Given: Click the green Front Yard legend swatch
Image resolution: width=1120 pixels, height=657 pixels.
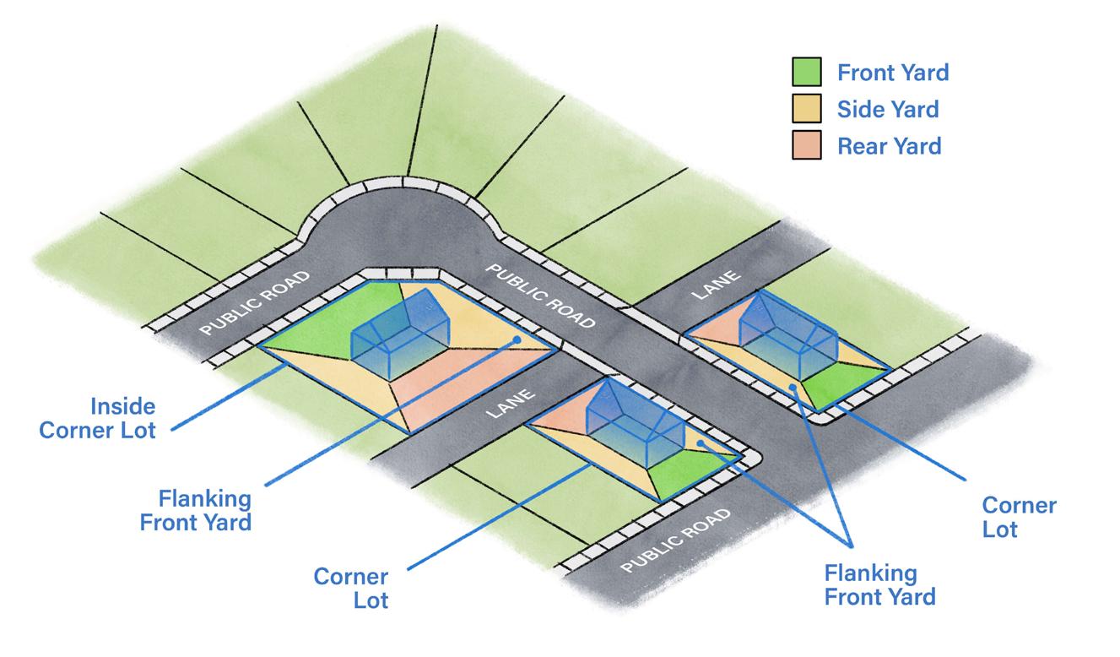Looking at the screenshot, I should (807, 73).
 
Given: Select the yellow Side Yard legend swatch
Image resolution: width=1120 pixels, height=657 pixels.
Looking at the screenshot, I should (807, 110).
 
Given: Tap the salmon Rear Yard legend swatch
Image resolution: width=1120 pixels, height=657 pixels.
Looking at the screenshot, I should (807, 146).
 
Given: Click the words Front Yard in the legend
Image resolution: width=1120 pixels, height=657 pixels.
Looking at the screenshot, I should (893, 73).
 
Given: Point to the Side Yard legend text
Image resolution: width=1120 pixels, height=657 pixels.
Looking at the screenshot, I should (888, 110).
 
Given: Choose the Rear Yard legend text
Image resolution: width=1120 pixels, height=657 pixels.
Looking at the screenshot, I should (890, 146).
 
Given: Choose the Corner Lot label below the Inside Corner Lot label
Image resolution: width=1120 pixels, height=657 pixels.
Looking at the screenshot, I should (351, 589).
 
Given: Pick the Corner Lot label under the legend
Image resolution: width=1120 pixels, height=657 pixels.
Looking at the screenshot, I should (1019, 518).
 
